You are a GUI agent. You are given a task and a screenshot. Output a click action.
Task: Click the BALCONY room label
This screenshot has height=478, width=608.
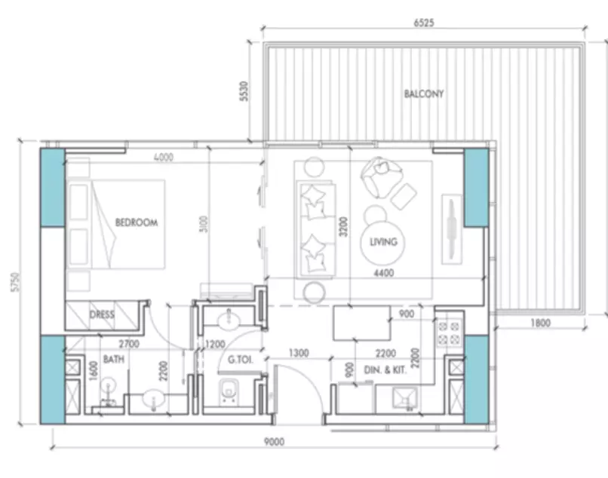(424, 93)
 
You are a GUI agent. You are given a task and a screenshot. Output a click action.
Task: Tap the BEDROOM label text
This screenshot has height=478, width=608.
(137, 222)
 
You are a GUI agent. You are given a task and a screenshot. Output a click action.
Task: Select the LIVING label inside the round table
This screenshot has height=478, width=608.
(383, 242)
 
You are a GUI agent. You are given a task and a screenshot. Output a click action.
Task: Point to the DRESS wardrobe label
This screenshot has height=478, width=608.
(102, 314)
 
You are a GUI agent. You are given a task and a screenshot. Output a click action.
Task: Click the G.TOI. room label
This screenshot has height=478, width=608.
(241, 360)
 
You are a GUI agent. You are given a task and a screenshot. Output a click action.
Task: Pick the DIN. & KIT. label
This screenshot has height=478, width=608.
(385, 370)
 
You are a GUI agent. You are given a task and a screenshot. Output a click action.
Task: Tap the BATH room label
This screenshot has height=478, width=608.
(114, 360)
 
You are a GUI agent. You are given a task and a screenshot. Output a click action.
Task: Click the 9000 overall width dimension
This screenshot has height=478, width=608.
(274, 442)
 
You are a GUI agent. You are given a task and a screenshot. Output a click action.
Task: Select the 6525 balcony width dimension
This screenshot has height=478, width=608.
(424, 23)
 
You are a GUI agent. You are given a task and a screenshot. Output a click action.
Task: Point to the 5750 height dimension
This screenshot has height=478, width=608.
(15, 282)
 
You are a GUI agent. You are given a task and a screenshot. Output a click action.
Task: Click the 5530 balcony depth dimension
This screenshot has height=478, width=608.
(244, 91)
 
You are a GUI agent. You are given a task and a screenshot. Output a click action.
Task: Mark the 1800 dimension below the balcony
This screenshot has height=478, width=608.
(541, 323)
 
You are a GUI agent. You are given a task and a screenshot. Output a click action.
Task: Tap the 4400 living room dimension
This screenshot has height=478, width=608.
(384, 273)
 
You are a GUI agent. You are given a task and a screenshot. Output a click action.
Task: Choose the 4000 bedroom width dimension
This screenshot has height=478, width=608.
(164, 158)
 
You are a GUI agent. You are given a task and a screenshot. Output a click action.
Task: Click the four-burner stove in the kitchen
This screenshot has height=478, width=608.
(449, 333)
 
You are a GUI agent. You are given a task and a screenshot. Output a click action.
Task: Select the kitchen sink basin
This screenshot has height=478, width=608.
(405, 399)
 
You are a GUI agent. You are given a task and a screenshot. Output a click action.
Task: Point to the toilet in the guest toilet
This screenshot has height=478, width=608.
(229, 392)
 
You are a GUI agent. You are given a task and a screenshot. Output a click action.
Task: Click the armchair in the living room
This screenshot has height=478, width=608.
(380, 176)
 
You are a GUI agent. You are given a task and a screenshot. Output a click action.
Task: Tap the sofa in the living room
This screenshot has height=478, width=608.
(316, 229)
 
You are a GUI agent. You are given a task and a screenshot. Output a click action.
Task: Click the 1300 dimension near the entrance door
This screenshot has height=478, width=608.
(299, 353)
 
